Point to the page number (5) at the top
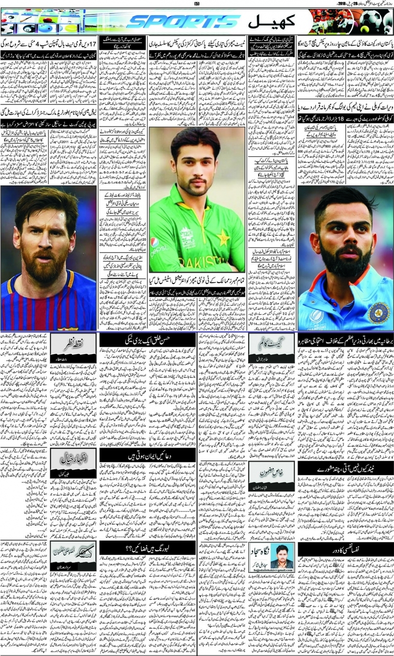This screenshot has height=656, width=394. click(x=197, y=4)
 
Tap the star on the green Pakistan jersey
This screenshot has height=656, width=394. click(x=222, y=238)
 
